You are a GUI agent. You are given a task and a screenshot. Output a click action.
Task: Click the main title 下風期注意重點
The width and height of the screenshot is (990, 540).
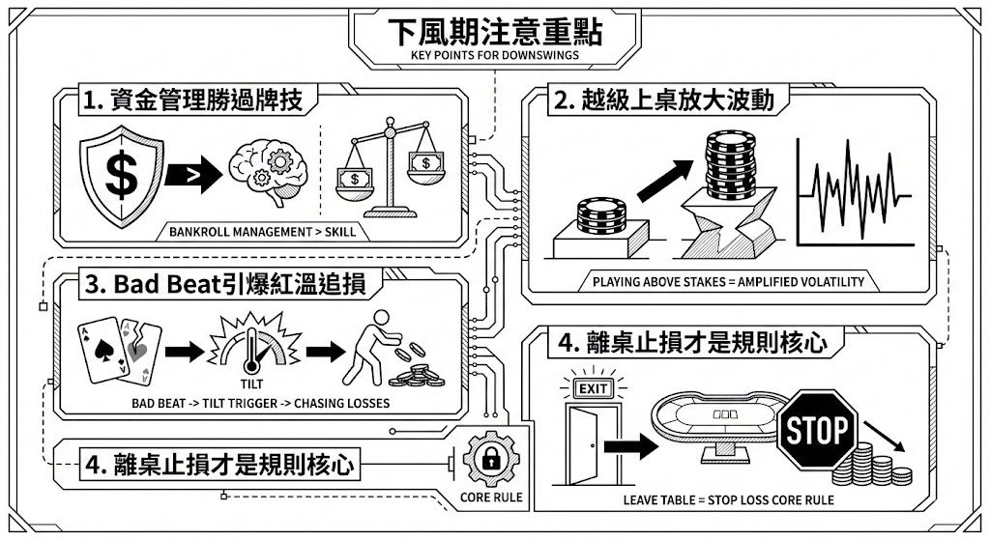(494, 31)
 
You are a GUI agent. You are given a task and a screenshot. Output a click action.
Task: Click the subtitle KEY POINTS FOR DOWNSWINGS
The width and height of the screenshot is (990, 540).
(494, 55)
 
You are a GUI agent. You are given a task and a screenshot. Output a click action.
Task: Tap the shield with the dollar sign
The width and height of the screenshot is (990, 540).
(122, 174)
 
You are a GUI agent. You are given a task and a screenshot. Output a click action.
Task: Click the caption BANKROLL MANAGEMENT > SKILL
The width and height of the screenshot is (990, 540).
(262, 232)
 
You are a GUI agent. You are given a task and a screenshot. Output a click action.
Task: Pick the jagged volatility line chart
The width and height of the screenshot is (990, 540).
(854, 191)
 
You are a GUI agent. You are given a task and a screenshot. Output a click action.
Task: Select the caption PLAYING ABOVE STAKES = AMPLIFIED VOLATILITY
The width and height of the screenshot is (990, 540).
(728, 283)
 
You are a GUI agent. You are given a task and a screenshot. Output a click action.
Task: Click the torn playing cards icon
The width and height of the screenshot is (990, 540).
(119, 348)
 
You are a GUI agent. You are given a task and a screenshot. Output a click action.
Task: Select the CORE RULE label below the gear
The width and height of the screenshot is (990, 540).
(491, 497)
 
